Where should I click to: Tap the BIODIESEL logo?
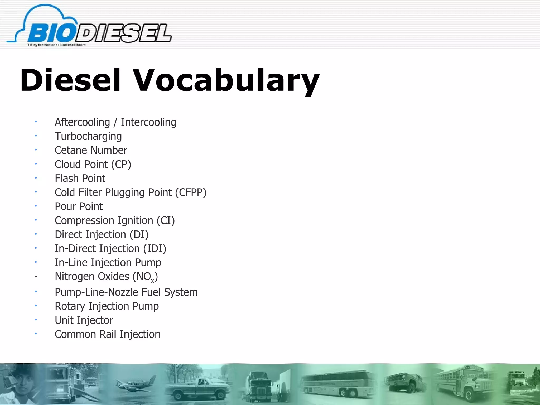tap(90, 28)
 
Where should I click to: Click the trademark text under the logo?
tap(56, 45)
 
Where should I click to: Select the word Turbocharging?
tap(88, 137)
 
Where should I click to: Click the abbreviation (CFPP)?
tap(191, 192)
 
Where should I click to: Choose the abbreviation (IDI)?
tap(155, 249)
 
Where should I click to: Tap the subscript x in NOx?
tap(152, 281)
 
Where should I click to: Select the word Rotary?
tap(70, 306)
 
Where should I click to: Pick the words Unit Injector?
tap(84, 320)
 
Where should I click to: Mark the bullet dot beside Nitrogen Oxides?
tap(36, 277)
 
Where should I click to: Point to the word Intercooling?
tap(148, 122)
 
